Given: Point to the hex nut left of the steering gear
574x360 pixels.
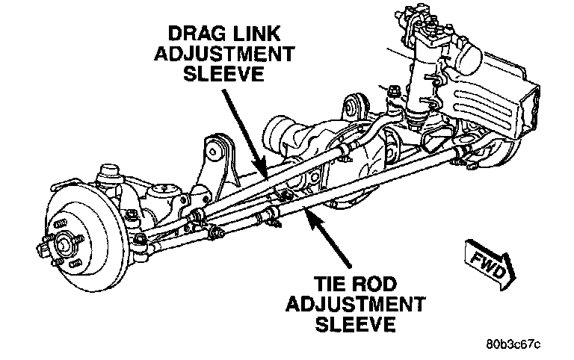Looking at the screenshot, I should (x=392, y=92).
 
